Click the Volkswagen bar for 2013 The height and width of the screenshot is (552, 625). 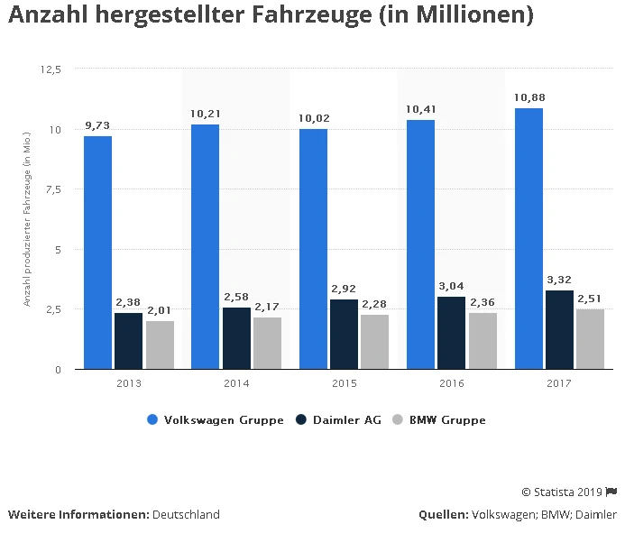tap(97, 253)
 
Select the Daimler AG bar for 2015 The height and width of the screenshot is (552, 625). tap(344, 334)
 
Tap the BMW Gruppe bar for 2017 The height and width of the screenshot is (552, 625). tap(590, 339)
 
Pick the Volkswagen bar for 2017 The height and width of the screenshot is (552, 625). tap(528, 238)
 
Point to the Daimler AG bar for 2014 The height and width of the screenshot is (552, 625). tap(236, 338)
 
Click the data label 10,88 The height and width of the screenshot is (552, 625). tap(528, 97)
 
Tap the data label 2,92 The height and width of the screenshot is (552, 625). tap(344, 289)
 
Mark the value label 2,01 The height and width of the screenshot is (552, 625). tap(160, 310)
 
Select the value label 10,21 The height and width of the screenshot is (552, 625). tap(206, 114)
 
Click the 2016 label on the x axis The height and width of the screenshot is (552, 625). tap(452, 383)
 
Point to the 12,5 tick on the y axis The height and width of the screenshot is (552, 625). tap(51, 69)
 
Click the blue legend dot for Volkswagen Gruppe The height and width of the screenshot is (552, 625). tap(152, 420)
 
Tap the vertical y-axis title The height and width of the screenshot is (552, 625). tap(27, 219)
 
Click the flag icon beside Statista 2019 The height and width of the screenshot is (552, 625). tap(611, 492)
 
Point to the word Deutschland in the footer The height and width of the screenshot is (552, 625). tap(186, 515)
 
